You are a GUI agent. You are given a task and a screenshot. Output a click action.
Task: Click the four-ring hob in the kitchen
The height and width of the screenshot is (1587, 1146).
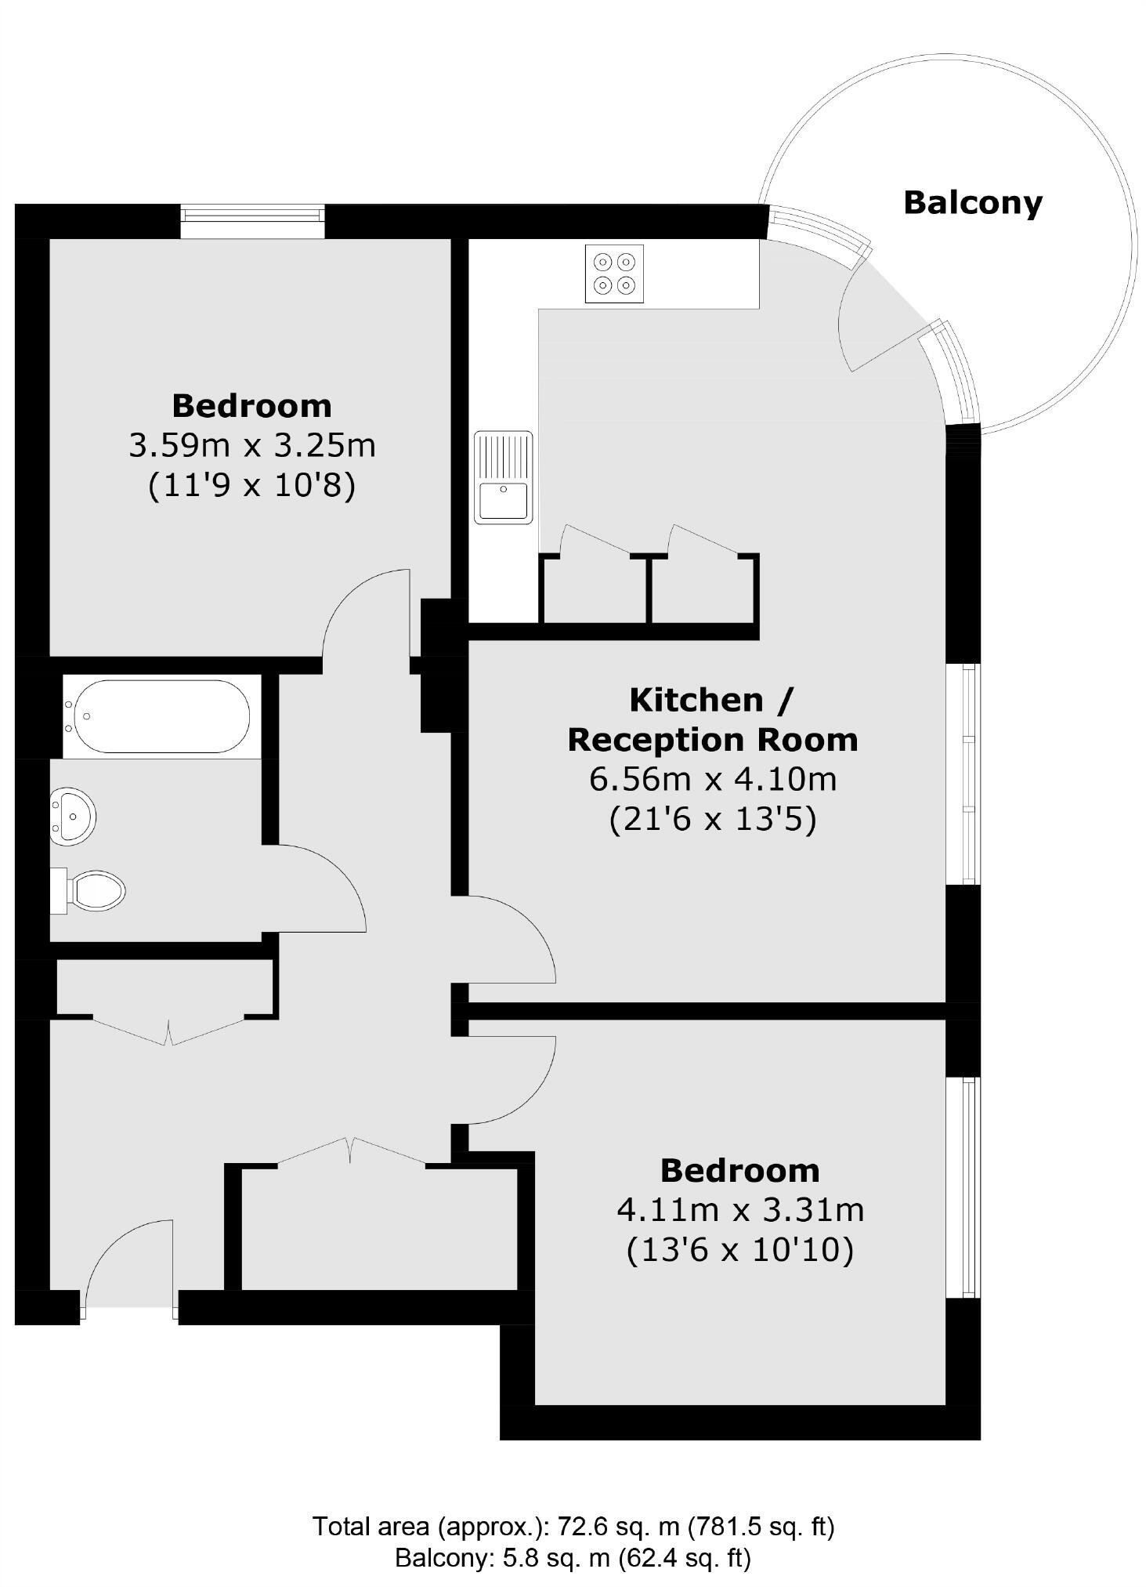click(x=614, y=274)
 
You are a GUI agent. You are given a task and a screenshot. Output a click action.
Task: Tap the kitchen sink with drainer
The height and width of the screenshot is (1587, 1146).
click(x=503, y=477)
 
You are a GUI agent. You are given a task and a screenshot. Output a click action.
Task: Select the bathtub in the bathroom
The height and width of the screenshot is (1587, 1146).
click(x=161, y=716)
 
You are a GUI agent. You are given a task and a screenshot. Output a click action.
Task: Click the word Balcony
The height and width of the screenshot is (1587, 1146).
click(x=973, y=202)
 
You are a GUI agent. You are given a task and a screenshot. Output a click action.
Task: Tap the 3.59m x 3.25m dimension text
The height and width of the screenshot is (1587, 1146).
click(x=251, y=446)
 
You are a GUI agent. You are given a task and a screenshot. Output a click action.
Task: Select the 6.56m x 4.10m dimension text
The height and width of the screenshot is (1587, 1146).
click(x=713, y=779)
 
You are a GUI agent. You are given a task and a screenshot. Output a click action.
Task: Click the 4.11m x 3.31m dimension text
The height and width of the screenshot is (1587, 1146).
click(x=740, y=1210)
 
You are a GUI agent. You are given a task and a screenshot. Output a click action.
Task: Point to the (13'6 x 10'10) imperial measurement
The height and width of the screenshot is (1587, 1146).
click(x=740, y=1250)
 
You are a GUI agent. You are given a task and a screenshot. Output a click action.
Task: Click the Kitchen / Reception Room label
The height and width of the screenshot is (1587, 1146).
click(x=713, y=719)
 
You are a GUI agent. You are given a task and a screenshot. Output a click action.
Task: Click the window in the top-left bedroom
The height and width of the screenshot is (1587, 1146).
click(x=252, y=222)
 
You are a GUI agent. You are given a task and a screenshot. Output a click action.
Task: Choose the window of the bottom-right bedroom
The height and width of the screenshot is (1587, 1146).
click(x=963, y=1187)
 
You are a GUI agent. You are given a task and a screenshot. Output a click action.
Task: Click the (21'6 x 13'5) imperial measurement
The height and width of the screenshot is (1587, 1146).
click(x=713, y=820)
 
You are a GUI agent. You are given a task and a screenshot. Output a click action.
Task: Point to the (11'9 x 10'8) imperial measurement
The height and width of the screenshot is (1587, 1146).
click(x=251, y=486)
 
